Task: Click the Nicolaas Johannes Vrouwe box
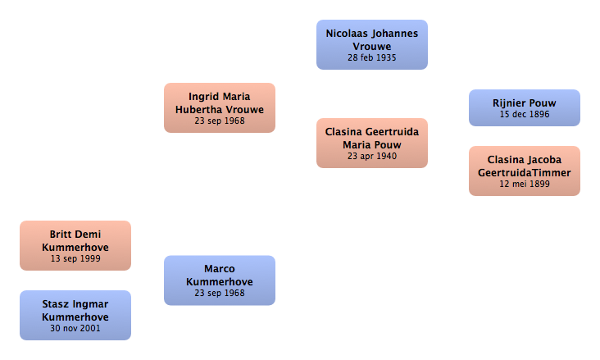pos(372,45)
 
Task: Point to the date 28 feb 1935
pos(372,58)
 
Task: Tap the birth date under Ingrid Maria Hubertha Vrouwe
pos(220,121)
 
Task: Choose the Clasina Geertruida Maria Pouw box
pos(372,144)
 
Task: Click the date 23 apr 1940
pos(372,157)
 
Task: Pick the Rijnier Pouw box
pos(525,108)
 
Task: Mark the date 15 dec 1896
pos(525,115)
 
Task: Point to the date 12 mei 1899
pos(525,185)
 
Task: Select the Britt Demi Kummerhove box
pos(75,245)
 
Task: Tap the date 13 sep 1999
pos(75,259)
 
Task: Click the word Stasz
pos(55,304)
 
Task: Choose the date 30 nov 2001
pos(75,329)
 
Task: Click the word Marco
pos(220,269)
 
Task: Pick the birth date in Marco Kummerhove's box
pos(220,294)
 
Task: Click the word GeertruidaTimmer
pos(525,173)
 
